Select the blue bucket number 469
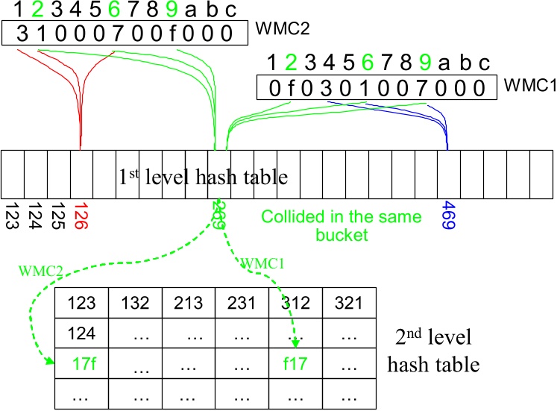[x=447, y=214]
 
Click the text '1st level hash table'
[x=203, y=177]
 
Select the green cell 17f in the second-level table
[x=84, y=365]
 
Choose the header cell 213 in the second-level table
[x=189, y=304]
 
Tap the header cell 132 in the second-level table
[x=136, y=304]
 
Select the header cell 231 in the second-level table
[x=243, y=304]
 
